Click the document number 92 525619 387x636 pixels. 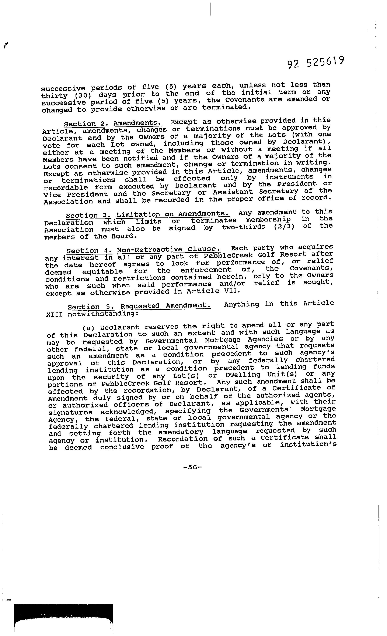coord(316,62)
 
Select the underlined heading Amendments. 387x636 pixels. coord(137,123)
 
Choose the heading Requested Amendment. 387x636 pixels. coord(166,306)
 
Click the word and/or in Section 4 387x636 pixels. coord(232,284)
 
